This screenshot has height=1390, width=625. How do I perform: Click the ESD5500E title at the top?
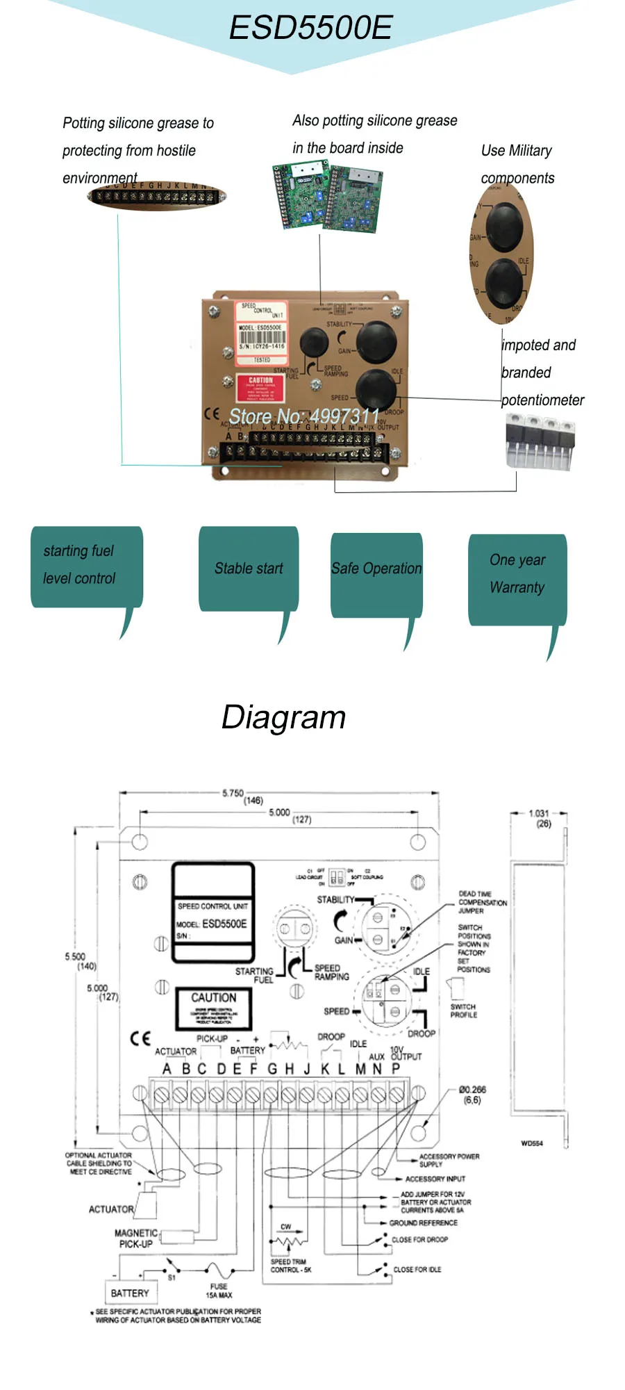pyautogui.click(x=310, y=28)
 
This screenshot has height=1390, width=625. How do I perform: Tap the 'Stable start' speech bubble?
pyautogui.click(x=249, y=569)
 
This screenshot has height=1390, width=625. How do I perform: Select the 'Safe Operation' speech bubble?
pyautogui.click(x=376, y=569)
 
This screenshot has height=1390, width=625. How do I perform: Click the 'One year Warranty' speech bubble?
pyautogui.click(x=517, y=574)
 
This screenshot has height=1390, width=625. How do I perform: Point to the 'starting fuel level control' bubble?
pyautogui.click(x=79, y=564)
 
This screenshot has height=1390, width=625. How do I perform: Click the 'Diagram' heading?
pyautogui.click(x=283, y=717)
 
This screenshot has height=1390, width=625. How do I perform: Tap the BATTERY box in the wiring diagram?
pyautogui.click(x=130, y=1293)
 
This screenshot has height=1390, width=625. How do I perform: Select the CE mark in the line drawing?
pyautogui.click(x=140, y=1038)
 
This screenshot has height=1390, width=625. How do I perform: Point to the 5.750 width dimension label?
pyautogui.click(x=233, y=793)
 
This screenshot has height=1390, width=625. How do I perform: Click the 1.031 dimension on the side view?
pyautogui.click(x=539, y=813)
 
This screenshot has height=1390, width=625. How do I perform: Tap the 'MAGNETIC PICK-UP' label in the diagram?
pyautogui.click(x=136, y=1238)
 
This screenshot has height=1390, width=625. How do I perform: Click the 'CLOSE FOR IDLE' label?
pyautogui.click(x=417, y=1269)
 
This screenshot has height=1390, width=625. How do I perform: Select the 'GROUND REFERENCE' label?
pyautogui.click(x=423, y=1223)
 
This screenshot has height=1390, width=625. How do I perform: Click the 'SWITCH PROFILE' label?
pyautogui.click(x=463, y=1011)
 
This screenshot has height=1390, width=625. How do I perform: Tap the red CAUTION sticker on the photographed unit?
pyautogui.click(x=260, y=389)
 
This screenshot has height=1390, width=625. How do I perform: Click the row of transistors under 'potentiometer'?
pyautogui.click(x=540, y=439)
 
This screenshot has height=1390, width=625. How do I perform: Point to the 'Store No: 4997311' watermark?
pyautogui.click(x=304, y=416)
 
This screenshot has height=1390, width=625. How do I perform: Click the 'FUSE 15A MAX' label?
pyautogui.click(x=219, y=1291)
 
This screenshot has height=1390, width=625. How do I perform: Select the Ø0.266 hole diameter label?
pyautogui.click(x=472, y=1090)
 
